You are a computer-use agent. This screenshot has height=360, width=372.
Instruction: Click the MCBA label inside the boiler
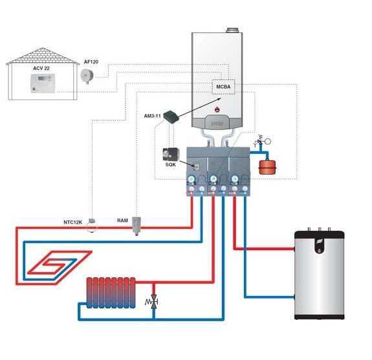223,87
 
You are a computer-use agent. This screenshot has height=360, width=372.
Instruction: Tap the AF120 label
91,62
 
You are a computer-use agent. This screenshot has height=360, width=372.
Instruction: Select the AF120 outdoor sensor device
87,76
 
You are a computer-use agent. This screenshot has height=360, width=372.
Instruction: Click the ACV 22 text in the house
41,69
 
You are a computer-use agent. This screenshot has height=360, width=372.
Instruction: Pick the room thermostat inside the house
43,83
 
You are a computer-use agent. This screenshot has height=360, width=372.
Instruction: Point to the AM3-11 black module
171,116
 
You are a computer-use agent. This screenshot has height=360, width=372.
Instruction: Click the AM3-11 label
152,116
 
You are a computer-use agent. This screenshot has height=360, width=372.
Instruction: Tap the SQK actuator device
170,154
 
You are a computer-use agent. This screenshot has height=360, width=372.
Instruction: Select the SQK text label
171,164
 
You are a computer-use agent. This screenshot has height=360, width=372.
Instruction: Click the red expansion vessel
267,167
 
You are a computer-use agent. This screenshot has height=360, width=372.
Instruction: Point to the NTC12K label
72,222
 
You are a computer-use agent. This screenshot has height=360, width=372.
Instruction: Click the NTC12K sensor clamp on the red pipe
92,225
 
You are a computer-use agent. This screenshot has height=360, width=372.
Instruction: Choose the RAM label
122,220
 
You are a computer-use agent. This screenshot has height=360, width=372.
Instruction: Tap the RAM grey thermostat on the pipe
137,226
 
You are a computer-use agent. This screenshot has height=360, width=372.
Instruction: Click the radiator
111,293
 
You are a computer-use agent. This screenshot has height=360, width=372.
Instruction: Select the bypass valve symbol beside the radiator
153,302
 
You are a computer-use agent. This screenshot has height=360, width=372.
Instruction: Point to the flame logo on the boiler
217,109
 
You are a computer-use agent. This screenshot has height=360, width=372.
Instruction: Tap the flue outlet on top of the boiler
233,30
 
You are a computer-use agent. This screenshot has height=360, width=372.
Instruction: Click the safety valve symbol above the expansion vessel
261,142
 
